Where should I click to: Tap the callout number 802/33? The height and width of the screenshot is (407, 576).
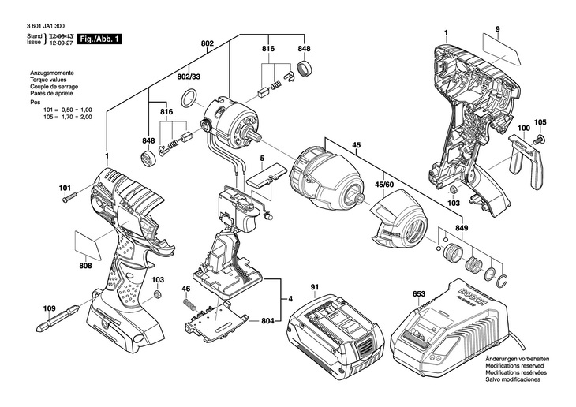point(189,77)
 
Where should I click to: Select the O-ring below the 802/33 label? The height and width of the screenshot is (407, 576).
point(189,99)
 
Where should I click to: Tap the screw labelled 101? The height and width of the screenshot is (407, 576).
point(67,198)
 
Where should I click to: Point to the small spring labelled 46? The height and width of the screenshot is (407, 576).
point(187,299)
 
